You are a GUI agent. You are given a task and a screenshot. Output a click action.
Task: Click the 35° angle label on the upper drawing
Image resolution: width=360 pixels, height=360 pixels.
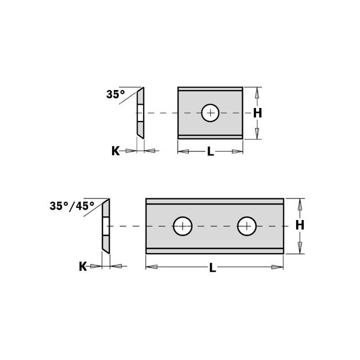coord(115,94)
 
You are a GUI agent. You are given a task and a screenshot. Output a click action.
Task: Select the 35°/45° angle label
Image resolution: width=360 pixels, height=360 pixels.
coord(72,206)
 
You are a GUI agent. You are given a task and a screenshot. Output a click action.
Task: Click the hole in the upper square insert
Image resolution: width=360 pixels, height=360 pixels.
coord(210,112)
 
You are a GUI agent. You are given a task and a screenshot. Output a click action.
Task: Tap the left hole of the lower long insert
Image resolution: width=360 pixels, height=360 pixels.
coord(183,226)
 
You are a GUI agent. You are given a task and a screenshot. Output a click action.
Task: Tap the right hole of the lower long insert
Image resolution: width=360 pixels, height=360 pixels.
coord(247,226)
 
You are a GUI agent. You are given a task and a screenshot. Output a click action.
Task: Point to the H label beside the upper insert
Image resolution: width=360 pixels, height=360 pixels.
coord(257,113)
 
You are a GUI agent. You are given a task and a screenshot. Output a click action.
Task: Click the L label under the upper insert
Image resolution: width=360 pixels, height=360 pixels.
coord(210,152)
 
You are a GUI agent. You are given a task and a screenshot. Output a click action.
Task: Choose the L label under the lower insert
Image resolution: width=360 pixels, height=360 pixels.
coord(212,268)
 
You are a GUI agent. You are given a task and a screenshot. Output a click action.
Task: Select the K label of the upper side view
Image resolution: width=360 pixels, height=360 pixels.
coord(116,151)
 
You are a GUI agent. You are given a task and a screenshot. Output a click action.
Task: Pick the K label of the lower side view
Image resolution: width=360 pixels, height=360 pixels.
coord(83,267)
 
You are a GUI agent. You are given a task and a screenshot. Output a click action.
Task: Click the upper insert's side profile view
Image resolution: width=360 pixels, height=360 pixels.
coord(140,112)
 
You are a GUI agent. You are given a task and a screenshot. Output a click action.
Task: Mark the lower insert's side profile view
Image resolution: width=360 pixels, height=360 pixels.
coord(105,226)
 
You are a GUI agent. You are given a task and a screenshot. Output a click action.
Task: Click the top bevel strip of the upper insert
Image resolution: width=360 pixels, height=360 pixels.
coord(210,90)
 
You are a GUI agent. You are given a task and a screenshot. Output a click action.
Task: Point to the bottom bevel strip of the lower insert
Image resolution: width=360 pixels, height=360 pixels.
coord(214,251)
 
